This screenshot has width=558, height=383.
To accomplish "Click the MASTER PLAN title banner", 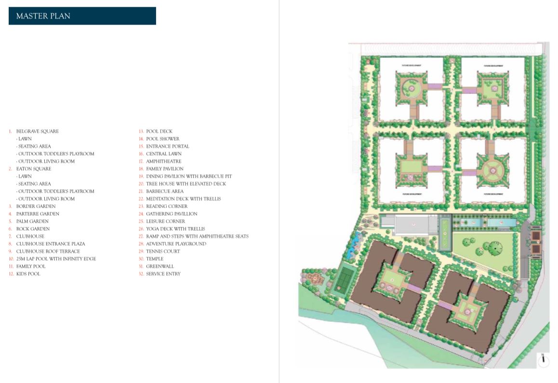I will (82, 16).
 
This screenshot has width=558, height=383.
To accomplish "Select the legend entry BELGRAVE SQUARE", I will (37, 131).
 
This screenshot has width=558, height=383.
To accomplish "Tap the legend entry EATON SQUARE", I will (33, 169).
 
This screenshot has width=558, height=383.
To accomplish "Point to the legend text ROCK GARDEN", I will (33, 229).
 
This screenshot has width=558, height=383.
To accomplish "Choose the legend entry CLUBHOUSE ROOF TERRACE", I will (48, 251).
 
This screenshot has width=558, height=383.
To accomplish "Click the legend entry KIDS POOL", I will (28, 274).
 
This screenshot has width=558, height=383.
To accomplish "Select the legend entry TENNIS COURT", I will (163, 251).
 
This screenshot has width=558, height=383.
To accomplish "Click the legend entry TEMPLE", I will (155, 259).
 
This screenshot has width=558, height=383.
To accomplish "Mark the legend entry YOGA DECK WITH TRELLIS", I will (175, 229).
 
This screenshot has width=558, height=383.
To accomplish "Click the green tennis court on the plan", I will (345, 277).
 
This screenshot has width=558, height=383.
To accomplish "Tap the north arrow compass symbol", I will (543, 360).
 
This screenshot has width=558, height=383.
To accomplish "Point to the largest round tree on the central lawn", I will (492, 248).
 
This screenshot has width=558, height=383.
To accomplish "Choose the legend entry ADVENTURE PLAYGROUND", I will (176, 244).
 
